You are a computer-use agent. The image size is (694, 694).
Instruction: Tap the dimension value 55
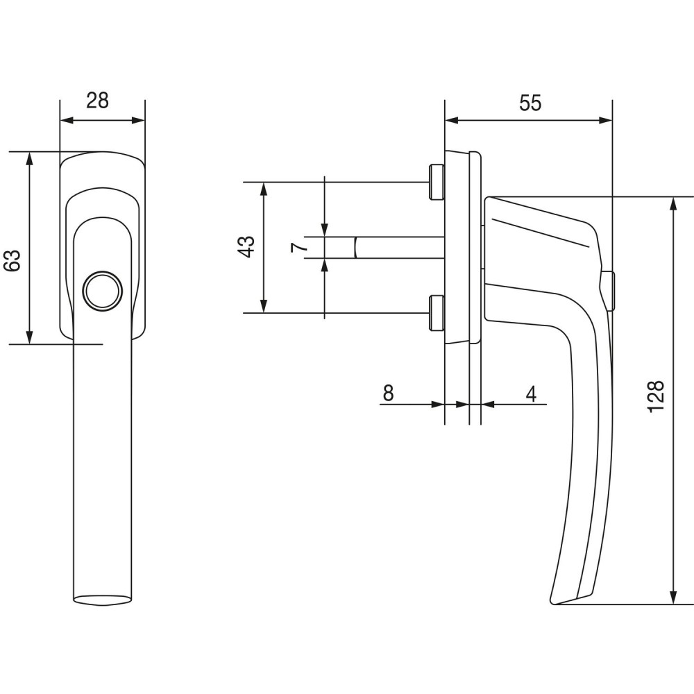(530, 103)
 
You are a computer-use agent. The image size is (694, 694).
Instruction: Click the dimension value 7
(298, 247)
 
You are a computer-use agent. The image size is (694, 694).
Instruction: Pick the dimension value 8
(388, 393)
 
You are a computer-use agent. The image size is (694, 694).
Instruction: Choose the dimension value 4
(531, 393)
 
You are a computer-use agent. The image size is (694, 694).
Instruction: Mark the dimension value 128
(657, 396)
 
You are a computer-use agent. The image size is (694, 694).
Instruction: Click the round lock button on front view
(103, 290)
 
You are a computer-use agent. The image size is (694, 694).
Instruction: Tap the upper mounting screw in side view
(437, 182)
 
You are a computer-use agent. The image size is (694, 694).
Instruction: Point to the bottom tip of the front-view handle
(102, 600)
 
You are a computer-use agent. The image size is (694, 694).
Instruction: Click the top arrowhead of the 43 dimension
(264, 187)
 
